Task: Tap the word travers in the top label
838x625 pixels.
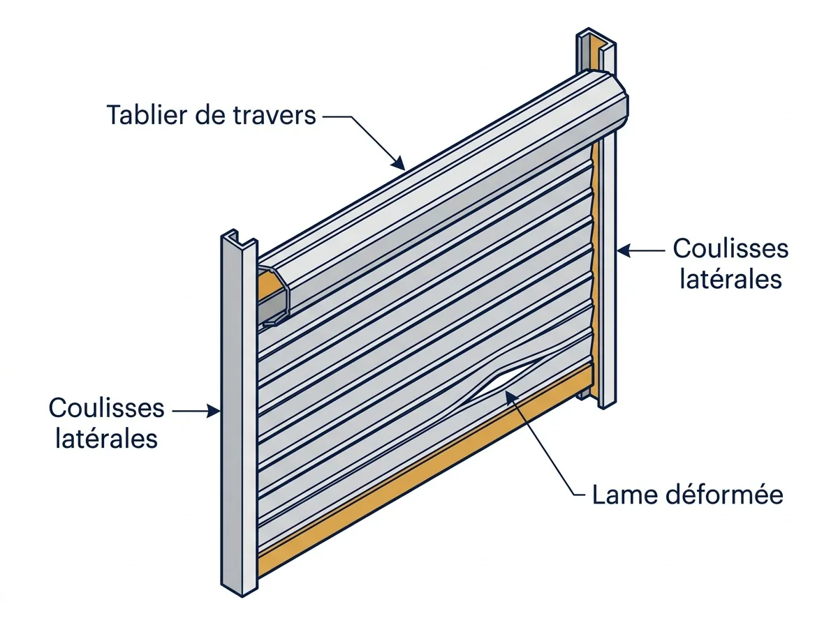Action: (x=274, y=115)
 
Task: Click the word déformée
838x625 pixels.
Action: (x=725, y=495)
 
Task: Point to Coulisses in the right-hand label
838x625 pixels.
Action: (x=730, y=248)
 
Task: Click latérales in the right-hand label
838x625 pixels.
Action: (x=730, y=279)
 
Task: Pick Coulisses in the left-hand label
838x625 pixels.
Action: (x=107, y=407)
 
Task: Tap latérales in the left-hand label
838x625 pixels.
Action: (x=107, y=439)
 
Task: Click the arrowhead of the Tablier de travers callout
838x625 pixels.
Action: (x=399, y=163)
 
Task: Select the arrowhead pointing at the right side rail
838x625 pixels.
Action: (x=623, y=251)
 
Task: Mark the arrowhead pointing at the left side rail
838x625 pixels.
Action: (x=214, y=411)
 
